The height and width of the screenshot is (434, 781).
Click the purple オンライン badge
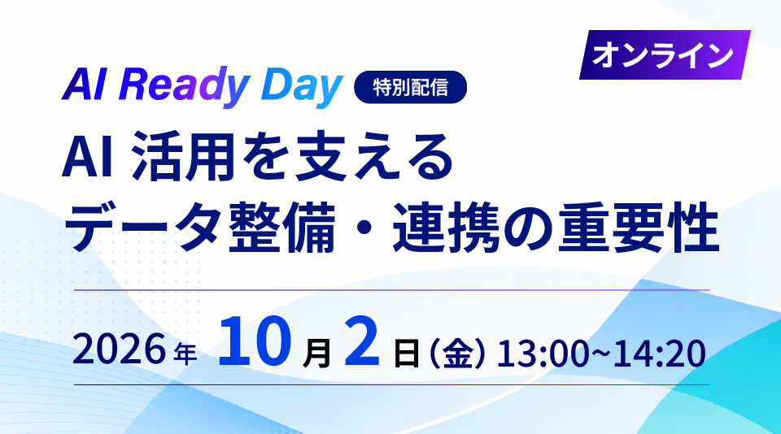click(x=665, y=54)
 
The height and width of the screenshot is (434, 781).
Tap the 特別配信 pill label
click(x=410, y=87)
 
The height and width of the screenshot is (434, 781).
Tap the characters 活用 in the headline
click(x=183, y=158)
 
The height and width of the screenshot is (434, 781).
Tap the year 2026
click(x=119, y=349)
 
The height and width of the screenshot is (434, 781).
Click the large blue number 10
click(x=255, y=342)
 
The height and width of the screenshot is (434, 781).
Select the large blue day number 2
click(x=361, y=342)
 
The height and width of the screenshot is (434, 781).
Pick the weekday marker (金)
click(x=456, y=353)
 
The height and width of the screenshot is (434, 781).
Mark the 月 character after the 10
click(x=316, y=353)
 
